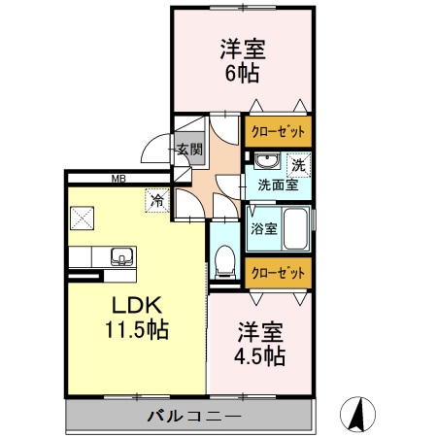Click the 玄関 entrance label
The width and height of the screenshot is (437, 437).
(x=189, y=150)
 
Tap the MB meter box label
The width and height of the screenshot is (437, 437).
(x=118, y=178)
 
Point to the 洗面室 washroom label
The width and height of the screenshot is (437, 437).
(x=277, y=183)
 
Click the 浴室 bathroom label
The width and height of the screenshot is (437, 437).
(x=264, y=229)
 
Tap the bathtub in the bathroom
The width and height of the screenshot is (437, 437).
(x=296, y=231)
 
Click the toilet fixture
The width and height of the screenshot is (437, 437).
(x=225, y=258)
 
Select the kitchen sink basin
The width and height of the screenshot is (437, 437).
(x=122, y=256)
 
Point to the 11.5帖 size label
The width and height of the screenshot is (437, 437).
(x=137, y=330)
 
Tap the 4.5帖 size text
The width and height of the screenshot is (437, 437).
(x=260, y=356)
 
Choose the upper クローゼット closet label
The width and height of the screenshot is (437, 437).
(x=278, y=131)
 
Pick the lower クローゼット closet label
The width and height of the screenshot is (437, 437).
(x=278, y=273)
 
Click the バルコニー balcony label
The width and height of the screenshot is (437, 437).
(x=194, y=417)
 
